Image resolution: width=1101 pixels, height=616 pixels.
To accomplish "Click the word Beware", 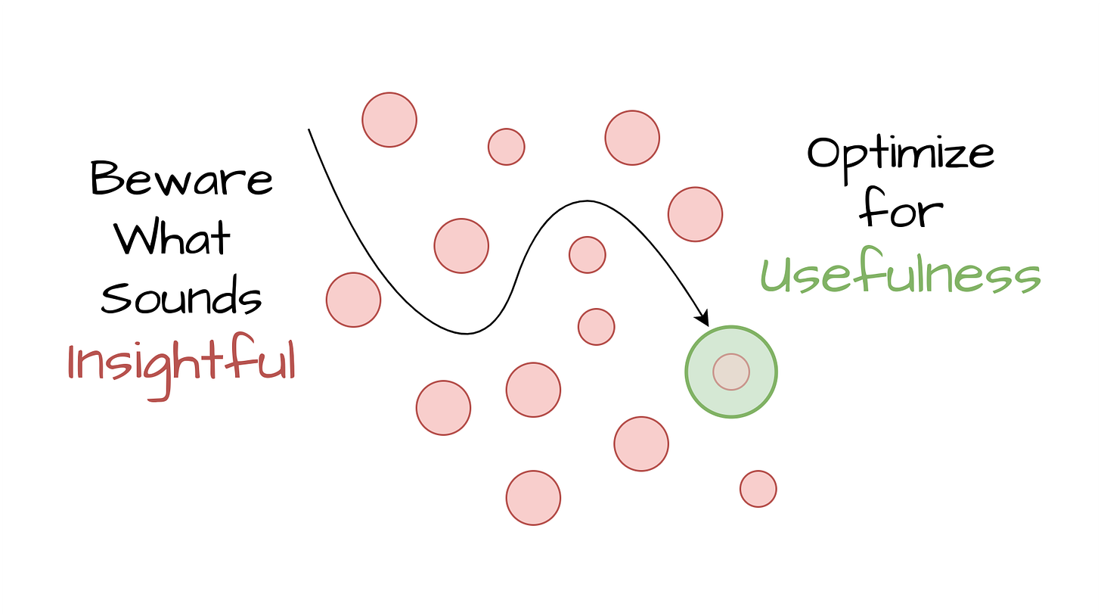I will click(x=181, y=180).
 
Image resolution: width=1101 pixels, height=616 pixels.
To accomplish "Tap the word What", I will click(x=172, y=239).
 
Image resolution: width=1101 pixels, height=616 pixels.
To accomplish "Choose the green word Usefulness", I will click(x=900, y=274).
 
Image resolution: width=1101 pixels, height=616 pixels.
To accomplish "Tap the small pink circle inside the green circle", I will click(x=731, y=372).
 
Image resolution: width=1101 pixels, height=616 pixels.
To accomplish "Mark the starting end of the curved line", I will click(x=309, y=130).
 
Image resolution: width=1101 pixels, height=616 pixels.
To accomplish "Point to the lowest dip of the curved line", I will click(x=469, y=333).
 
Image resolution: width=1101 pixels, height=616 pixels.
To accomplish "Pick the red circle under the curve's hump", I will click(x=588, y=254).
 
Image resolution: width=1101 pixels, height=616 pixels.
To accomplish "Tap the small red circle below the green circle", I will click(x=758, y=489).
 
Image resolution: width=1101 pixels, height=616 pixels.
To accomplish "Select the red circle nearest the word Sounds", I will click(x=353, y=300).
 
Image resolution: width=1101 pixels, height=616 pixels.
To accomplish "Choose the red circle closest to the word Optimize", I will click(x=695, y=214).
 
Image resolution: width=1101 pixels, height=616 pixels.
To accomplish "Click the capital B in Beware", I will click(x=104, y=180).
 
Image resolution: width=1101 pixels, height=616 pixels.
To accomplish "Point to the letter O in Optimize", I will click(x=824, y=154).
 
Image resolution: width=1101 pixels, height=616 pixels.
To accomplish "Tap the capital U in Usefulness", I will click(x=776, y=274).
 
